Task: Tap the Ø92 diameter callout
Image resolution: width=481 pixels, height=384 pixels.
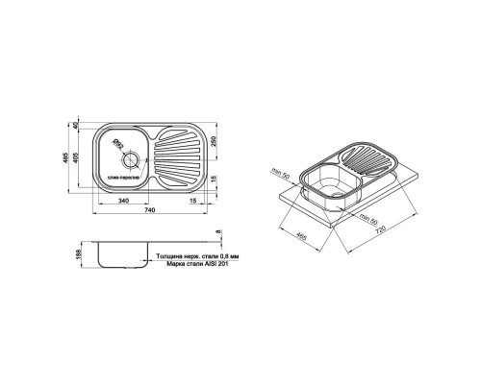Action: (117, 145)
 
